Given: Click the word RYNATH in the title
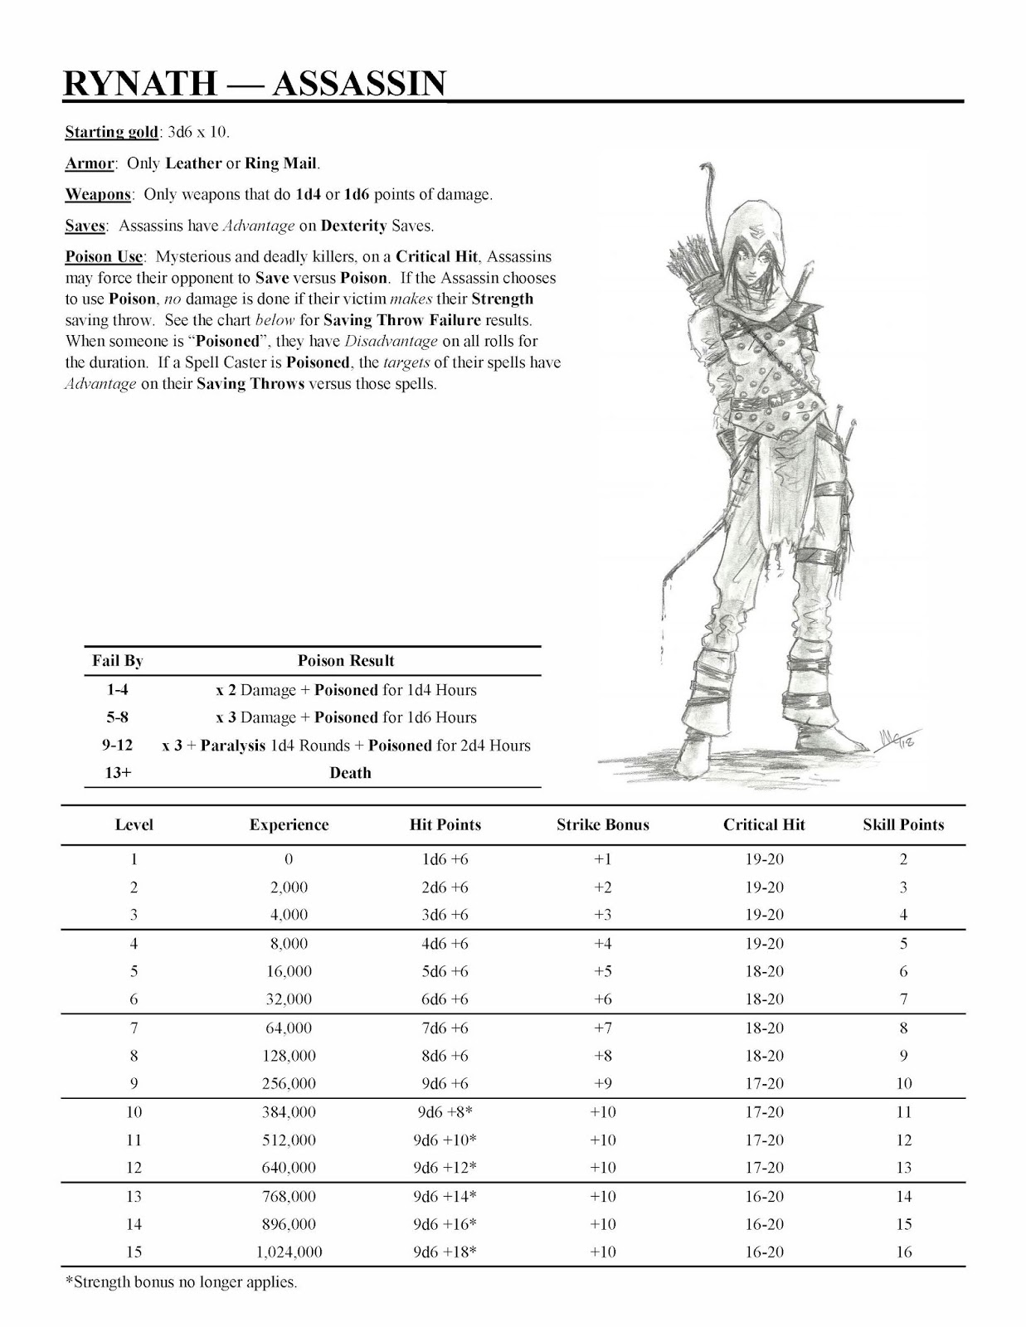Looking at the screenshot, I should (140, 84).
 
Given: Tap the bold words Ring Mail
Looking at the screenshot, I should (280, 163).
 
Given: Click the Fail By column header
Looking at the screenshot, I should (117, 661).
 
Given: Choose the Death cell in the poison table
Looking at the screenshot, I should (350, 773).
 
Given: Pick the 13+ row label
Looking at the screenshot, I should (117, 773).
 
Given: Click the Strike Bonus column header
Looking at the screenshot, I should (602, 825).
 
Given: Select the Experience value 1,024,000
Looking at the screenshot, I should (289, 1252).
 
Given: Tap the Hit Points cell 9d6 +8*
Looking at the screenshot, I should (445, 1112).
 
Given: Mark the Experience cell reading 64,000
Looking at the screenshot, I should (289, 1028).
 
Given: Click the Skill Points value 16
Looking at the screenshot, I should (903, 1252).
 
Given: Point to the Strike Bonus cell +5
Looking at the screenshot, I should (602, 971).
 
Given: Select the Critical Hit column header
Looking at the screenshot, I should (764, 825).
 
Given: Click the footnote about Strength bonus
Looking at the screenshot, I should (181, 1282).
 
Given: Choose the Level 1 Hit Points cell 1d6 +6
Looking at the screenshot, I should (445, 859).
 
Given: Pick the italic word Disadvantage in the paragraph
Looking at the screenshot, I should (391, 342).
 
